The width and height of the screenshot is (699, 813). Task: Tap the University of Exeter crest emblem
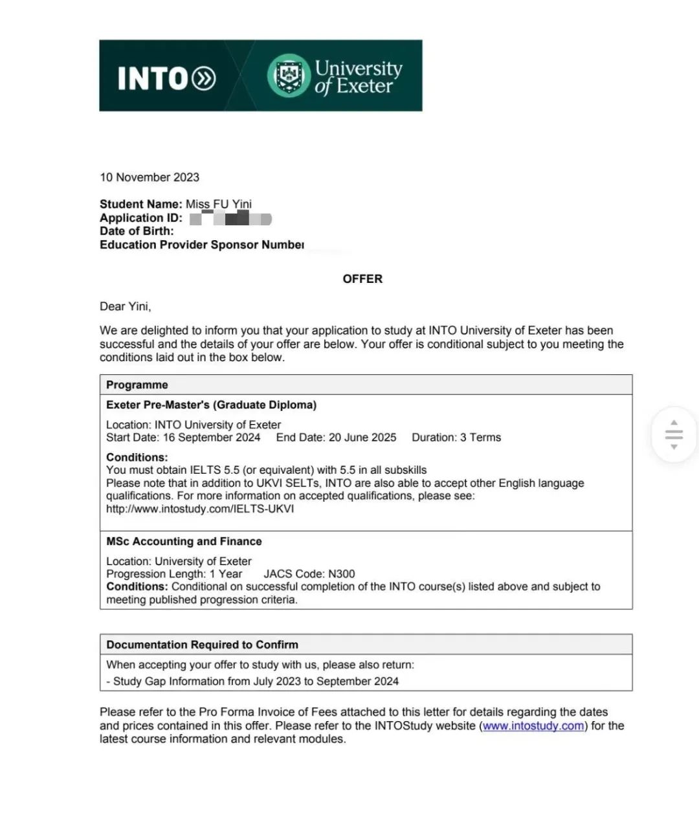click(289, 76)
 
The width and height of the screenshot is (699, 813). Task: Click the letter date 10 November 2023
click(150, 177)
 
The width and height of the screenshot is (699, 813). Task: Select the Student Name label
click(140, 204)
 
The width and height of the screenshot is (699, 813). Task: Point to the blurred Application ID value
click(230, 219)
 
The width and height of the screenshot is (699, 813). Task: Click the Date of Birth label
click(137, 231)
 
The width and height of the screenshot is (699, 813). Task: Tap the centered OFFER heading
click(362, 279)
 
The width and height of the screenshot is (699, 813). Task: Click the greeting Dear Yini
click(125, 306)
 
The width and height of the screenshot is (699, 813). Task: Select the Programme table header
click(137, 385)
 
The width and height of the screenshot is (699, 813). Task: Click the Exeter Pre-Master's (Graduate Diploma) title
click(211, 405)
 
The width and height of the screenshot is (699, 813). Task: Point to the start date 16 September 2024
click(211, 438)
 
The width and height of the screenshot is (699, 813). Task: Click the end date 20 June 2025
click(362, 438)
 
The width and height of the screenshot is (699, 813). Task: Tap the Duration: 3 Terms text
click(456, 438)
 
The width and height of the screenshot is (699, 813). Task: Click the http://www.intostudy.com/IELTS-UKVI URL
click(200, 509)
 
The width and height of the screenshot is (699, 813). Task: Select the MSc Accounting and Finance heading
click(184, 541)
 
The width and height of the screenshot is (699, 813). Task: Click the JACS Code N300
click(309, 574)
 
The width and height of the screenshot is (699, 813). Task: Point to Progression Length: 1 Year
click(174, 574)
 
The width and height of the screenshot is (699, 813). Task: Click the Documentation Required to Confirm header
click(202, 645)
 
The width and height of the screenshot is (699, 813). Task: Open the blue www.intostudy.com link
click(533, 726)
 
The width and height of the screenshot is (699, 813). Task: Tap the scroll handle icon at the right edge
click(674, 434)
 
